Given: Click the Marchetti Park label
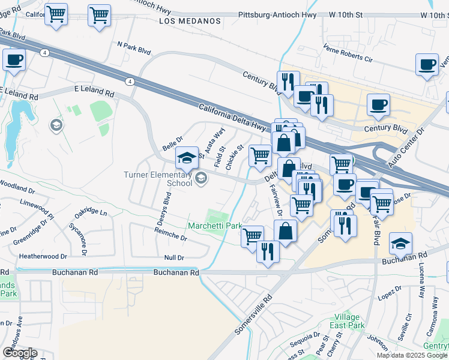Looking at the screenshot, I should (x=214, y=226).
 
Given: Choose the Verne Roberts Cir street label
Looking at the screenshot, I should (x=348, y=53).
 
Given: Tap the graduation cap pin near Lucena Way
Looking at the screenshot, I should (x=400, y=244).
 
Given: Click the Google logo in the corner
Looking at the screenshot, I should (x=20, y=352).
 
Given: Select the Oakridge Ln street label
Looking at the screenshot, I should (x=91, y=213).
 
